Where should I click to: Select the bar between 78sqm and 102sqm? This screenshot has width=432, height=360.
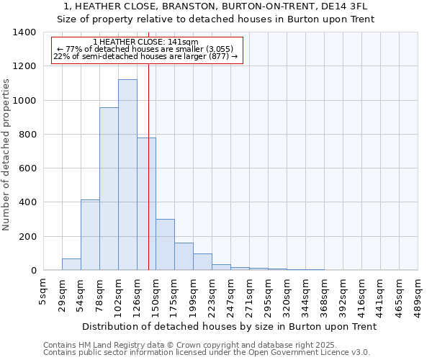[x=109, y=189]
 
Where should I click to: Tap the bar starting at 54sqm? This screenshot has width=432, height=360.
[x=90, y=235]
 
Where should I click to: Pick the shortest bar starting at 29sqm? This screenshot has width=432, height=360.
[x=71, y=264]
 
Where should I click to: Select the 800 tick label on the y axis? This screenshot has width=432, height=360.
[x=27, y=135]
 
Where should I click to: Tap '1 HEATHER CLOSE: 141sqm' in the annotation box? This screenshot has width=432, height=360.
[x=145, y=42]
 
